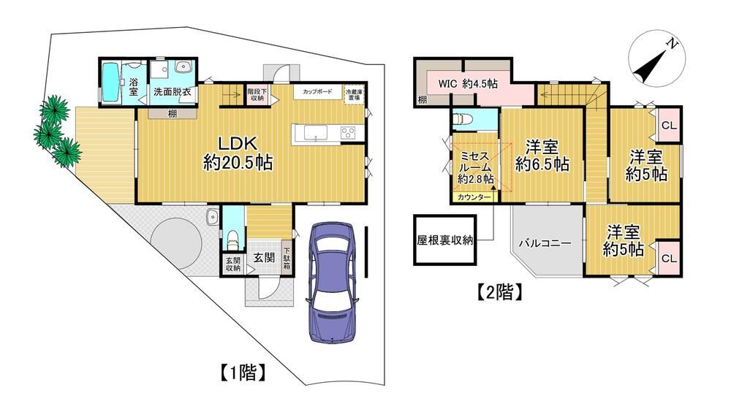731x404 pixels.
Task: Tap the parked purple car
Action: pos(332,283)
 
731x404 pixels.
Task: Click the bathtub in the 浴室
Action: pos(110,84)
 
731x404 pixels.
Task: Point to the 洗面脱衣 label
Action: pos(173,91)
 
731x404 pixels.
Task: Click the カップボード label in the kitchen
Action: pos(317,92)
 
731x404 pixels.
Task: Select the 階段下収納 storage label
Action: pos(257,94)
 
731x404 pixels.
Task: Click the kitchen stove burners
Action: pos(348,133)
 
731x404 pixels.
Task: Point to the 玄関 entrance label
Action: pos(264,257)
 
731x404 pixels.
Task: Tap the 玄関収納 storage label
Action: pos(233,264)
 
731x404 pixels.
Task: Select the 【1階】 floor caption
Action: pos(243,372)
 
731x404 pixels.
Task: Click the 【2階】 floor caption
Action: pos(499,292)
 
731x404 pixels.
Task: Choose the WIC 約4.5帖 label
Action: pos(468,84)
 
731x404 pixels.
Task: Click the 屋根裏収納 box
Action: pos(445,240)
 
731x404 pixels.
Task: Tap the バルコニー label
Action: pos(545,243)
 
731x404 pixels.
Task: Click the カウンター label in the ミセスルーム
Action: pos(474,197)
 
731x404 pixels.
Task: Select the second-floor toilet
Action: pos(463,120)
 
